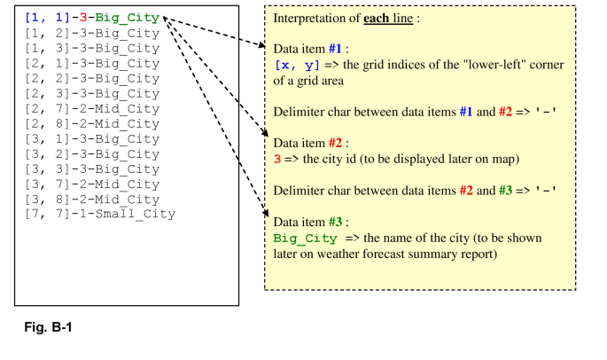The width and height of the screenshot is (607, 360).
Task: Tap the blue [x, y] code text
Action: click(298, 66)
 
